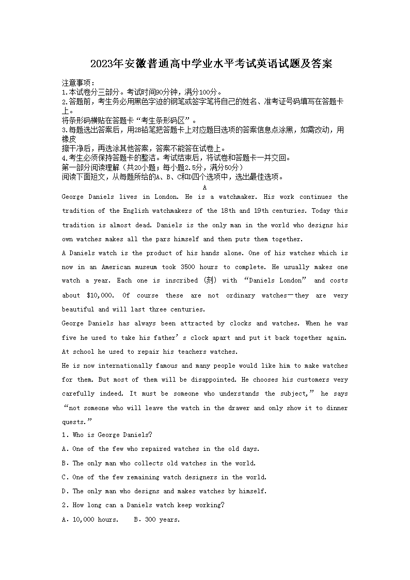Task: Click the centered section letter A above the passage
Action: click(x=205, y=187)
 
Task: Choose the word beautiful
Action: click(x=78, y=309)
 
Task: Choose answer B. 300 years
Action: click(x=156, y=519)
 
